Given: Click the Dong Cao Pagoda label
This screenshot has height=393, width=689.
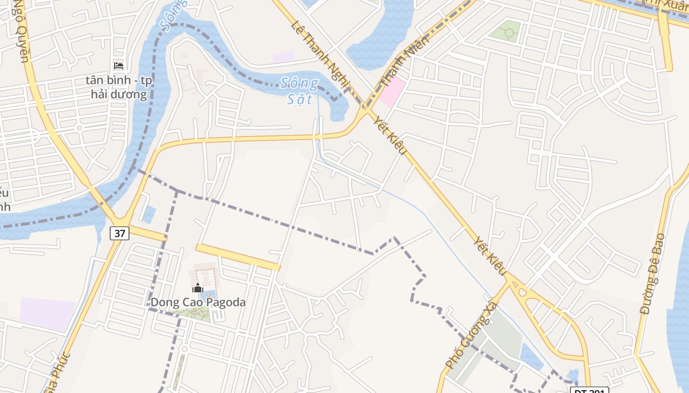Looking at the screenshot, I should (198, 302).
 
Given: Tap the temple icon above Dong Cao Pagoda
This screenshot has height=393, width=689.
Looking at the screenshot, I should (198, 288).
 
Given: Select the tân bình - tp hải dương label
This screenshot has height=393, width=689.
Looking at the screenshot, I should (119, 87).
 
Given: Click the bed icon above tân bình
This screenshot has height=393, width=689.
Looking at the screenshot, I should (119, 65).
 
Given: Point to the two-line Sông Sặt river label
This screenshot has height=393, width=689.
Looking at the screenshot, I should (300, 91).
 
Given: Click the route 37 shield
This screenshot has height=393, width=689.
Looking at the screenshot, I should (120, 233).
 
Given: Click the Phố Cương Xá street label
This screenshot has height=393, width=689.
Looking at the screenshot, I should (471, 336).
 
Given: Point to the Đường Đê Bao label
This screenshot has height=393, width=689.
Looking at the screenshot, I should (653, 274).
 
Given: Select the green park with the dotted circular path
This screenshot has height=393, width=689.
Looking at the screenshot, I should (506, 31).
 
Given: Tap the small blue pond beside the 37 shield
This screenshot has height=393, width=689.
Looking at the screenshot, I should (149, 215).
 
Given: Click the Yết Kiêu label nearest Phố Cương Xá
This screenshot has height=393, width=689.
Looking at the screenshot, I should (490, 255).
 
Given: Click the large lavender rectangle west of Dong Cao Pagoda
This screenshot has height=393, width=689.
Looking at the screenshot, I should (48, 313).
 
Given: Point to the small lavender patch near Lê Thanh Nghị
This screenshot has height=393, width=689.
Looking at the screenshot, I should (283, 56).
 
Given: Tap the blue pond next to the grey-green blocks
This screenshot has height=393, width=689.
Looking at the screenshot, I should (532, 357).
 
